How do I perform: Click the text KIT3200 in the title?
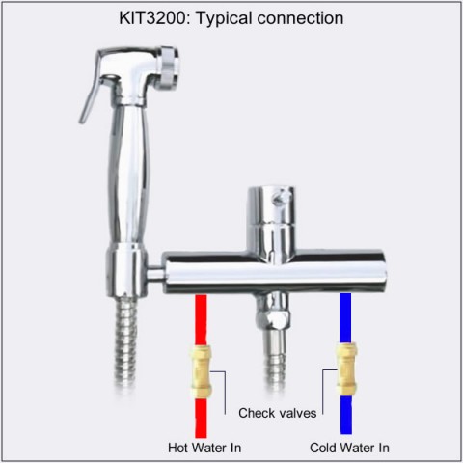click(x=152, y=18)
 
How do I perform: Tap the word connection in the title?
click(x=300, y=18)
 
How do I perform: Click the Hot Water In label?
click(x=204, y=448)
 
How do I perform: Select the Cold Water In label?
click(x=349, y=448)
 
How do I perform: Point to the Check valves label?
click(x=277, y=413)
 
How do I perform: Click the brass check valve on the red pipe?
click(x=201, y=371)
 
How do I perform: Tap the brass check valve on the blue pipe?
click(x=346, y=368)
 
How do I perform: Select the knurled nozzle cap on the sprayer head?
click(x=168, y=68)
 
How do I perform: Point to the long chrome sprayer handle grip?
click(x=128, y=174)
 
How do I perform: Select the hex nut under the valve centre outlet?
click(x=273, y=317)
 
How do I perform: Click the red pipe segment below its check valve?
click(x=201, y=418)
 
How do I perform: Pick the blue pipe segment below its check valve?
click(x=346, y=415)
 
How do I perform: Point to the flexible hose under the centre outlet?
click(x=274, y=357)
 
